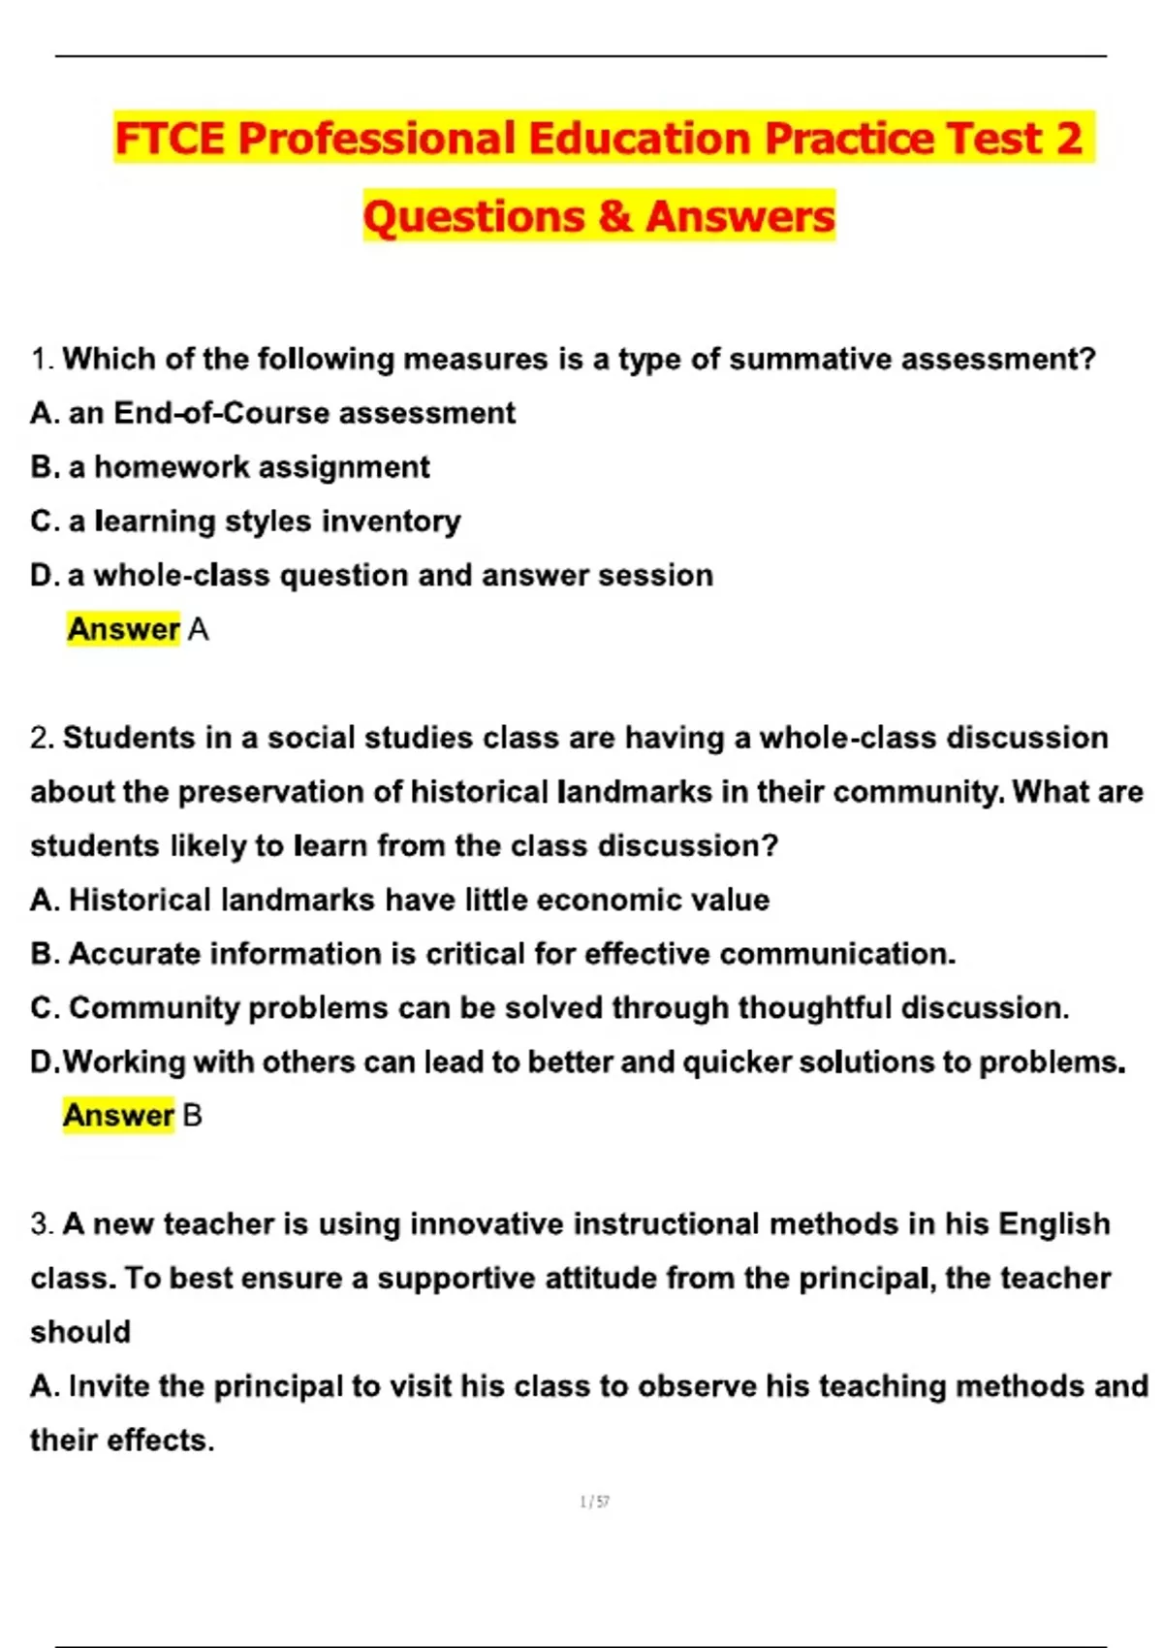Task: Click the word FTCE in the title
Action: [171, 139]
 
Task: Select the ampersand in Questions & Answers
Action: [614, 216]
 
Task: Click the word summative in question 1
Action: [810, 360]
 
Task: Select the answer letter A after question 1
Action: [199, 630]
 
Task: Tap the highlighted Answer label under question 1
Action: [123, 630]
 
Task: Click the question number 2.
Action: [41, 739]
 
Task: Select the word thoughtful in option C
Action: [814, 1009]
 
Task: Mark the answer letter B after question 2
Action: [192, 1116]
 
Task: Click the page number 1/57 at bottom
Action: [594, 1502]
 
